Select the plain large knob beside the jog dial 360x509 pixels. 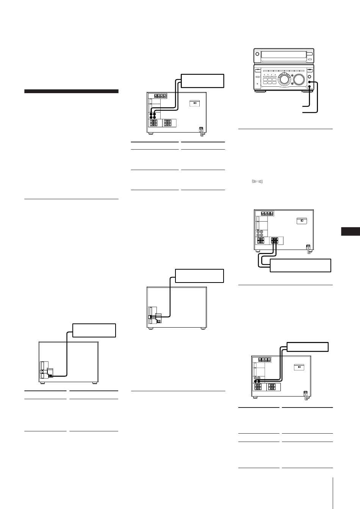pos(299,80)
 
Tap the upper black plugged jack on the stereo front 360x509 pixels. pos(310,82)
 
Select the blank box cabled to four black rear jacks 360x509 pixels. pos(202,80)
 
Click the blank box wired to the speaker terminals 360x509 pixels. pos(301,265)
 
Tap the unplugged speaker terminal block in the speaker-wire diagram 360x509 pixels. pos(260,240)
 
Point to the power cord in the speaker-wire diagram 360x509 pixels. pos(308,248)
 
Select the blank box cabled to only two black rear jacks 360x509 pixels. pos(307,347)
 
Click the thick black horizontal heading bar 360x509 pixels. pos(72,91)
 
